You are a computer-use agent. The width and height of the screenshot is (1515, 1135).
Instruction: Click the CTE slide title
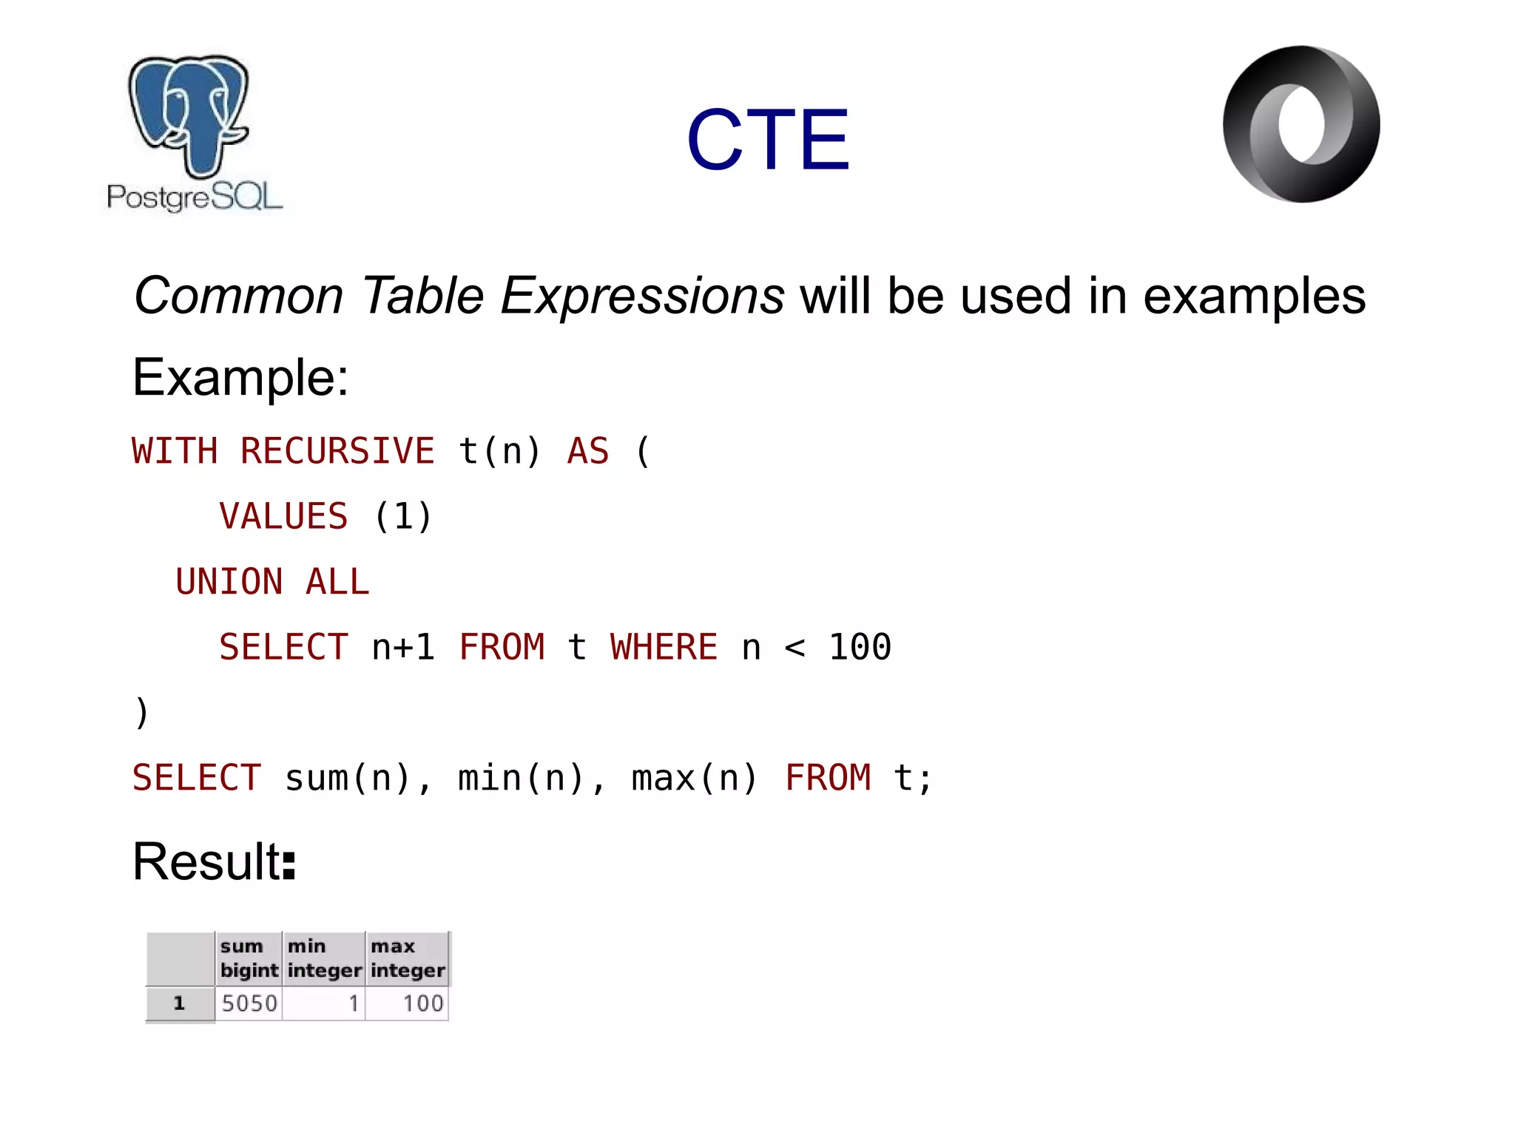(x=767, y=140)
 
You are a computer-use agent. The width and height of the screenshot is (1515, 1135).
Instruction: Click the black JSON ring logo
(x=1300, y=124)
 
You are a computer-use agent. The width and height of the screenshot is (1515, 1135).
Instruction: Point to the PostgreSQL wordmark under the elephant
(x=195, y=197)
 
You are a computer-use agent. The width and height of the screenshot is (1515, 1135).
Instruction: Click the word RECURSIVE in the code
(x=337, y=451)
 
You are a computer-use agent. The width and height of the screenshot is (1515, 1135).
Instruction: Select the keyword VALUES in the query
(x=283, y=516)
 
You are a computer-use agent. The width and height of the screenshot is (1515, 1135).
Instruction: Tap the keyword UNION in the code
(x=229, y=582)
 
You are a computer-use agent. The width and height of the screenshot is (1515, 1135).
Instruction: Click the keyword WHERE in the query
(x=664, y=647)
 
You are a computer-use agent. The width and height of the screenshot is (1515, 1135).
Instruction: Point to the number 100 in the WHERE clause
(x=860, y=647)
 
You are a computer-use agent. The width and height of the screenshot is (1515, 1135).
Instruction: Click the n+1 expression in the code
(x=403, y=647)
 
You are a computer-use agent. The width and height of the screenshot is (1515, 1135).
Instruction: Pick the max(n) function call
(x=695, y=778)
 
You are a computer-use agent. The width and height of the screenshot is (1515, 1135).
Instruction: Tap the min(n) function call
(x=522, y=778)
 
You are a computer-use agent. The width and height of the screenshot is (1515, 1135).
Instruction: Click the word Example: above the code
(x=240, y=378)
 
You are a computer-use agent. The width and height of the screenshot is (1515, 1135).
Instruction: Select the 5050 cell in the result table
(x=249, y=1003)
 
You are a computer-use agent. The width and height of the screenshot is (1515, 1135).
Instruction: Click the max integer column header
(x=407, y=958)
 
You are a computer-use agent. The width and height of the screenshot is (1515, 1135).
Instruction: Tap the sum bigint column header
(x=249, y=958)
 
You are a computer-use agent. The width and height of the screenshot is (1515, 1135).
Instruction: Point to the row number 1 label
(x=179, y=1003)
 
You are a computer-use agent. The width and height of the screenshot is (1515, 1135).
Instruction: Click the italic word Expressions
(x=642, y=296)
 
